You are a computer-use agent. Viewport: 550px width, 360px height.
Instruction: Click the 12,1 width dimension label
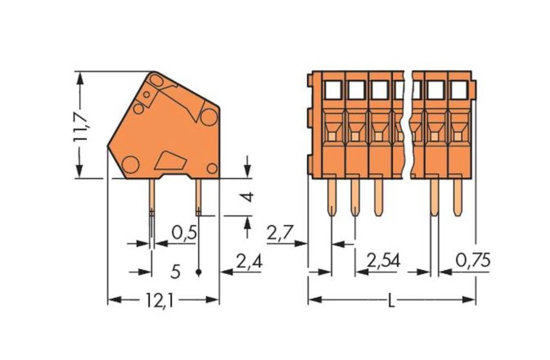click(160, 300)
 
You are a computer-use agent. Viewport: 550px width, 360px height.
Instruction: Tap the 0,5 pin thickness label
click(184, 233)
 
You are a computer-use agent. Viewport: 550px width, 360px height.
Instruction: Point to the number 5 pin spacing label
click(175, 272)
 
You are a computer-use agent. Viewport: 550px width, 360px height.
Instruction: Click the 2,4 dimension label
click(249, 262)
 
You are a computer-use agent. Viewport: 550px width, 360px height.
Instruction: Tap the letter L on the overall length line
click(391, 301)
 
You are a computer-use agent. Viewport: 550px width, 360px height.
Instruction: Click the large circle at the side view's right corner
click(208, 117)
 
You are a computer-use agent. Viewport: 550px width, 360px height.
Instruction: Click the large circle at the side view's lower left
click(130, 164)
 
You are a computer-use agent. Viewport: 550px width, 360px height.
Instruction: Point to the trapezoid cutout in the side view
click(170, 160)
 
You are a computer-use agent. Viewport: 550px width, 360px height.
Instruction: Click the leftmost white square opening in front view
click(333, 90)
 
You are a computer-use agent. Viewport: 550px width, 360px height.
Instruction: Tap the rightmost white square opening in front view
click(458, 90)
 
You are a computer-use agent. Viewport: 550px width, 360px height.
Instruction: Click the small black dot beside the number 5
click(199, 272)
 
